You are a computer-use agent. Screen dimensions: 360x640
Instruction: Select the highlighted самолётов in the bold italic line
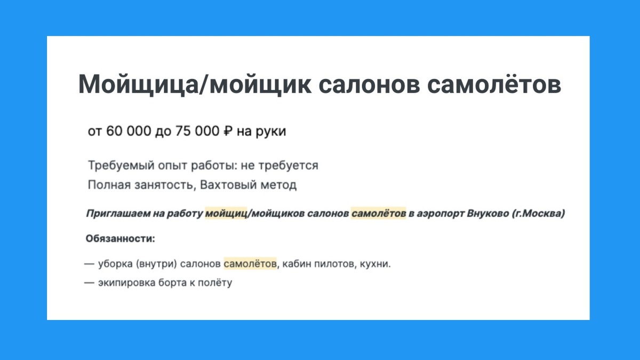[x=378, y=214]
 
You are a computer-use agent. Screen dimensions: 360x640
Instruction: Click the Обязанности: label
[x=120, y=238]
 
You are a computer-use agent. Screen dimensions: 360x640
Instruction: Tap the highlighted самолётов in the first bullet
[x=250, y=263]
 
